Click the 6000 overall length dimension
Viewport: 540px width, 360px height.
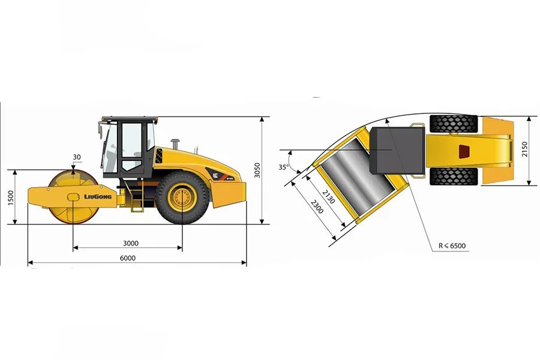(127, 259)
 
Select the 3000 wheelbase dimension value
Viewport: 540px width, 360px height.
(131, 243)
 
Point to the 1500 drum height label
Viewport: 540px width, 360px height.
(10, 197)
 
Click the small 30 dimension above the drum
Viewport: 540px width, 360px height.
(76, 157)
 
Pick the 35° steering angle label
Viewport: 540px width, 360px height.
(284, 167)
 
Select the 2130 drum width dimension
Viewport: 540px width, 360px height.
(328, 196)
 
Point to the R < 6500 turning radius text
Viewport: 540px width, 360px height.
(452, 245)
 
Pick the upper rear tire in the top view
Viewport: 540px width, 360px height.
(453, 124)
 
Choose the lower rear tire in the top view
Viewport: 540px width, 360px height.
(453, 176)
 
